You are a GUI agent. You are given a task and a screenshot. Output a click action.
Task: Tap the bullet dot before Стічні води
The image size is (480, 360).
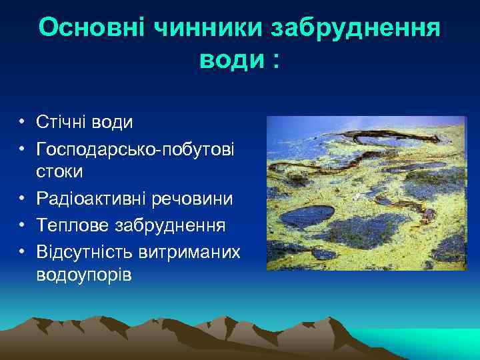(22, 123)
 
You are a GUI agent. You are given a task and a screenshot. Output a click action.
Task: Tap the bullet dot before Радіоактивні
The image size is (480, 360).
(22, 199)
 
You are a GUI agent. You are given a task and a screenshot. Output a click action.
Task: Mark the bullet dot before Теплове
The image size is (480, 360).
(22, 225)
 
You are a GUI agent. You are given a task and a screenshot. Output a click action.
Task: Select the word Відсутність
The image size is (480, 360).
(85, 251)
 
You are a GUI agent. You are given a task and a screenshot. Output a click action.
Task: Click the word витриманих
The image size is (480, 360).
(190, 251)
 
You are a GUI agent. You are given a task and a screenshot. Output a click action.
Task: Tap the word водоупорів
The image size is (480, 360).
(85, 275)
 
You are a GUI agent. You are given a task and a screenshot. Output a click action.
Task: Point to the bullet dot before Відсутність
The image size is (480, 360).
(22, 251)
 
